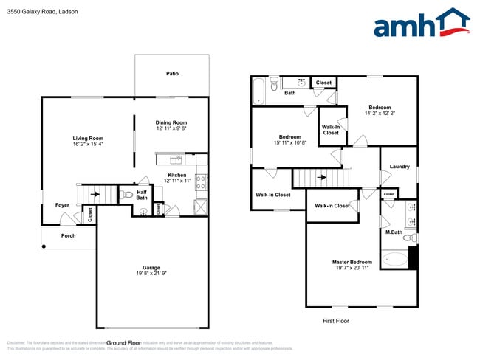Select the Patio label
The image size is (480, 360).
(x=172, y=74)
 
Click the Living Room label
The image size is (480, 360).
(x=88, y=138)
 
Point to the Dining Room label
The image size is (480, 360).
(x=171, y=122)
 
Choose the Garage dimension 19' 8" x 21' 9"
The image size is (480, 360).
(x=151, y=274)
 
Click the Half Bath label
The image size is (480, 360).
(x=142, y=194)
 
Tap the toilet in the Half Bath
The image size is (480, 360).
(x=126, y=195)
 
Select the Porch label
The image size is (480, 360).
(x=68, y=236)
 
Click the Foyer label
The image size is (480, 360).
(x=62, y=205)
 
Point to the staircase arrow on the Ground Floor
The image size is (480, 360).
(x=95, y=195)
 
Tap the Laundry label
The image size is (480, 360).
(x=400, y=167)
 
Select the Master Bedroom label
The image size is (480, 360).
(x=351, y=263)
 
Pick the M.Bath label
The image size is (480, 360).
(x=393, y=232)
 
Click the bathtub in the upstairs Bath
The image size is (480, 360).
(x=258, y=91)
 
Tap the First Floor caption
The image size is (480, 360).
(x=336, y=321)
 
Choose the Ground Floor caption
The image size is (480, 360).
(x=123, y=343)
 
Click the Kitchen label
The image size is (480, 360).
(x=176, y=175)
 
